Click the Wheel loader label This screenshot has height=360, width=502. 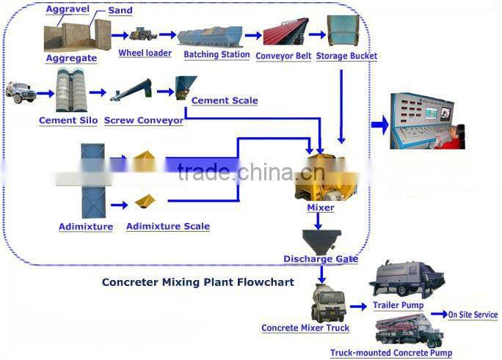click(145, 53)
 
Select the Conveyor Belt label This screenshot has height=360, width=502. click(283, 56)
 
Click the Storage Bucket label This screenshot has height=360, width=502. click(346, 56)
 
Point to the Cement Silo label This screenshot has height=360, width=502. click(68, 120)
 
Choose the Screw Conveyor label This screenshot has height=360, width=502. click(144, 120)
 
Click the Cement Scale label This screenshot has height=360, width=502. click(224, 100)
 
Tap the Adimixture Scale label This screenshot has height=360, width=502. click(167, 227)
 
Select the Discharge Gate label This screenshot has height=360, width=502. click(321, 259)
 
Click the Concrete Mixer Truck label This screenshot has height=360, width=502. click(305, 328)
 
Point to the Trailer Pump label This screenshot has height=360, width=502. click(398, 305)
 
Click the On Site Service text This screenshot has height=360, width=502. click(473, 315)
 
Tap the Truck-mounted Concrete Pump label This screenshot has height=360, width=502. click(391, 353)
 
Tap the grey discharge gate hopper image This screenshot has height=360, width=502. click(320, 240)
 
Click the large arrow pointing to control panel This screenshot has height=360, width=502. click(379, 125)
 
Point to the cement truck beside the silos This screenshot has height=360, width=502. click(20, 92)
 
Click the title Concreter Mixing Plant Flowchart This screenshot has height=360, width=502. click(197, 282)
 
